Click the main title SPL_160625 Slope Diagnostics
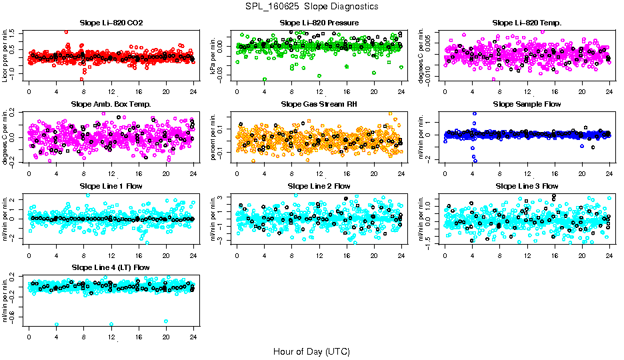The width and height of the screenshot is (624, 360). (311, 6)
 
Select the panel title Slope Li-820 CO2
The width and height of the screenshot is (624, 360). (111, 23)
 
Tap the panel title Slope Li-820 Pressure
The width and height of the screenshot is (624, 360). (319, 23)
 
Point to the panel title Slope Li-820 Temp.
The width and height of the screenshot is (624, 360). (527, 23)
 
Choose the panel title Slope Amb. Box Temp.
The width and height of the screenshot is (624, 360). (111, 104)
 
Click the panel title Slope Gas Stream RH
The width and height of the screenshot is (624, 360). (319, 104)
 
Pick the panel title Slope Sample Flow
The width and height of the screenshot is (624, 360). (527, 104)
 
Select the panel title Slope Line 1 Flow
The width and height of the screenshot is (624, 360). (111, 185)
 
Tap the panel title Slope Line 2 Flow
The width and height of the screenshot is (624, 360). (319, 185)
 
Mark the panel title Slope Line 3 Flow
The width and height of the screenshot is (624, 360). (527, 185)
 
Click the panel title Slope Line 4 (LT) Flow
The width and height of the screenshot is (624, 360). (111, 267)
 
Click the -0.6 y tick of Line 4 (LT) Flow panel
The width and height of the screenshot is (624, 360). (13, 317)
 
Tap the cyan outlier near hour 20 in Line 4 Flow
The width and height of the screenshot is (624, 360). (166, 321)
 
